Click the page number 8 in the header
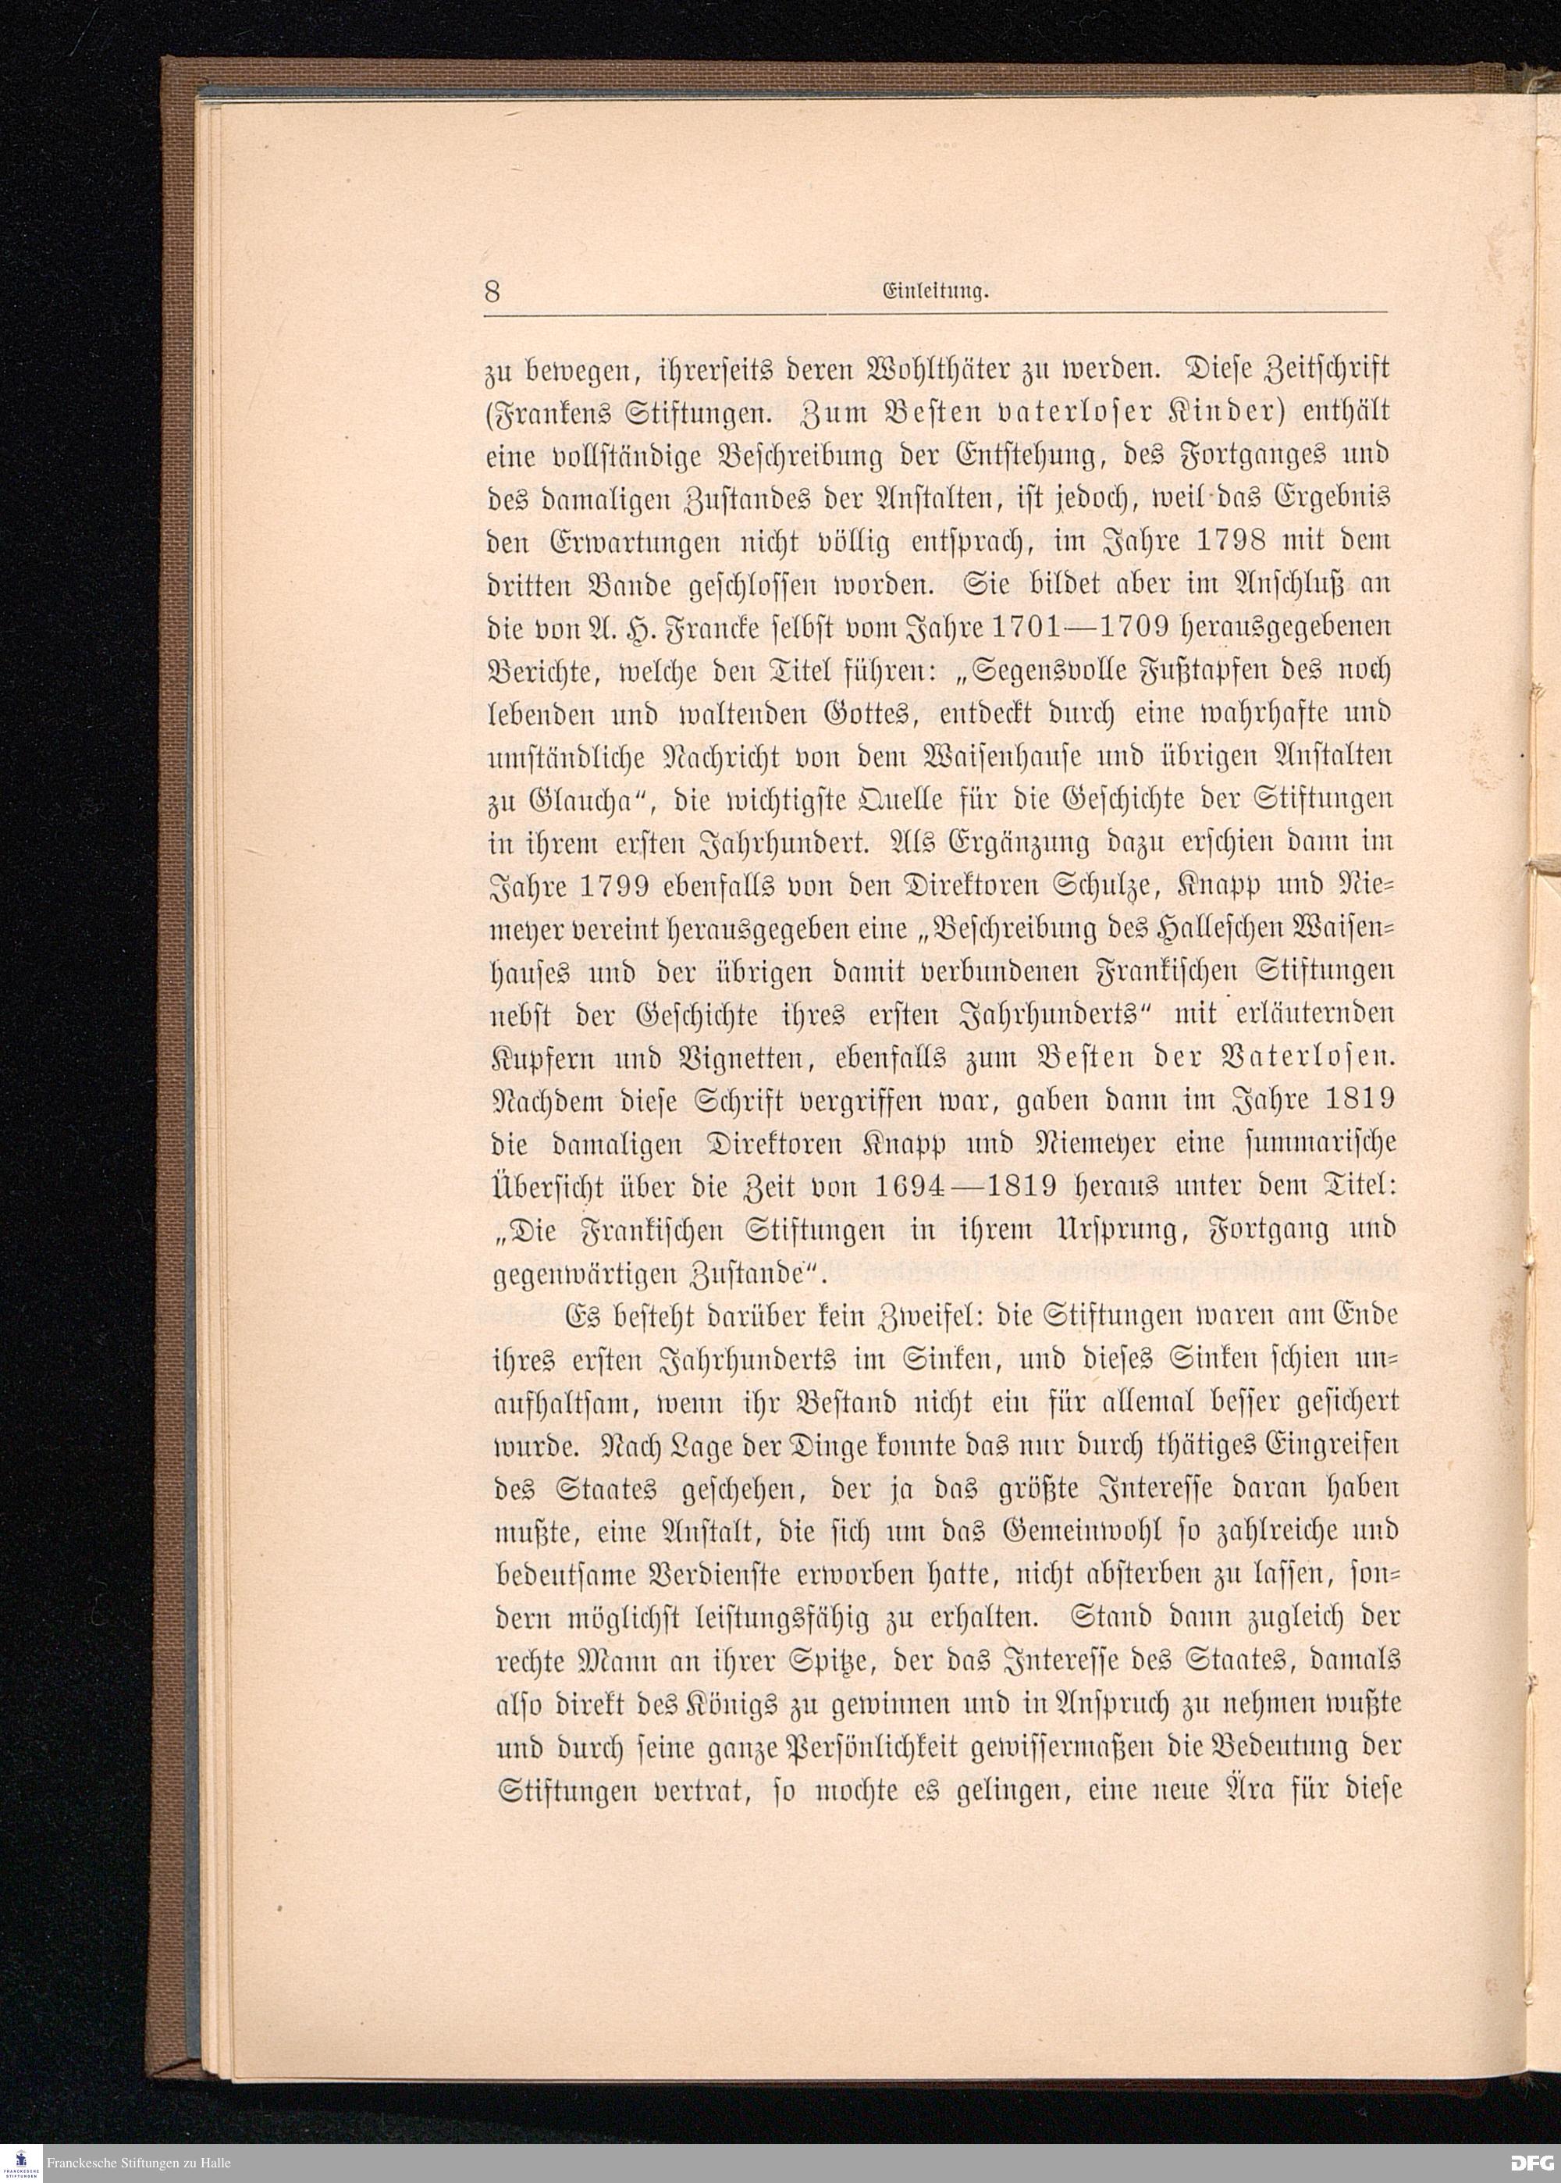coord(492,292)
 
